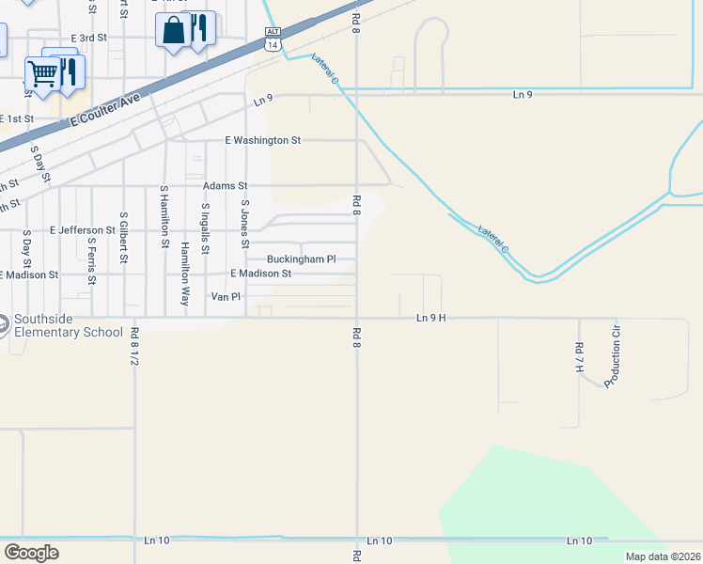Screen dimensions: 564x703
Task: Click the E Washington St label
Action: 262,140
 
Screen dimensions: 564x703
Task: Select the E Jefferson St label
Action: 83,229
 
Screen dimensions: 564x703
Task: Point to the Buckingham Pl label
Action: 301,258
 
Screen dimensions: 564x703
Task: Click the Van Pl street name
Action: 226,296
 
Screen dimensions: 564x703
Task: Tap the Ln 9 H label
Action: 430,319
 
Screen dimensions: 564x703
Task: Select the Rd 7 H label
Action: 579,356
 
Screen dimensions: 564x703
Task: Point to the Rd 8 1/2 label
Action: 134,346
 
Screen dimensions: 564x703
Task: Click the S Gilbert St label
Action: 123,243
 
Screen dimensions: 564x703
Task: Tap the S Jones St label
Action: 244,224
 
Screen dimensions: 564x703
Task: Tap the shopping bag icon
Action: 173,30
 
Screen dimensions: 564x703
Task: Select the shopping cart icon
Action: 42,73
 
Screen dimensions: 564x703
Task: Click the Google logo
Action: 32,553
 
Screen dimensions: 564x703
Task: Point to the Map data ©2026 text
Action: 662,556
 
